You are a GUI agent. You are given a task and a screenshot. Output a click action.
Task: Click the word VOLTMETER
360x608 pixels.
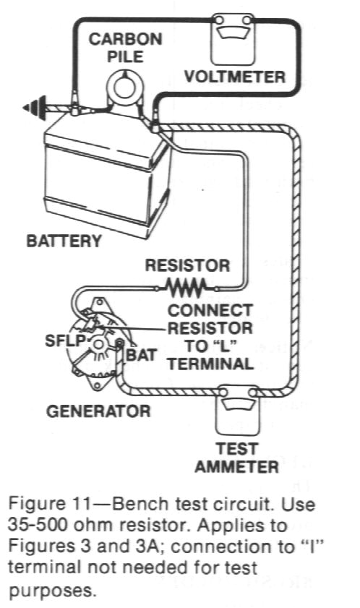[235, 76]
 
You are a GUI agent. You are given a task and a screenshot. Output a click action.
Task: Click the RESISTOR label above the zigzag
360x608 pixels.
[187, 265]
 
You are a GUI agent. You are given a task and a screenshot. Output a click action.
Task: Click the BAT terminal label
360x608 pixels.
[141, 355]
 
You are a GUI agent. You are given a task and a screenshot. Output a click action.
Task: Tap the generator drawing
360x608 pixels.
[98, 343]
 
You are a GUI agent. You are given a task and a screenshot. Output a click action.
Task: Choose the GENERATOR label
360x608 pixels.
[99, 411]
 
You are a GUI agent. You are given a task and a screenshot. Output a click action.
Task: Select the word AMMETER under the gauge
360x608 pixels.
[236, 466]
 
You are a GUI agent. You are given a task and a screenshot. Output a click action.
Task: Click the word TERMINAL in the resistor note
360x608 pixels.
[210, 364]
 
